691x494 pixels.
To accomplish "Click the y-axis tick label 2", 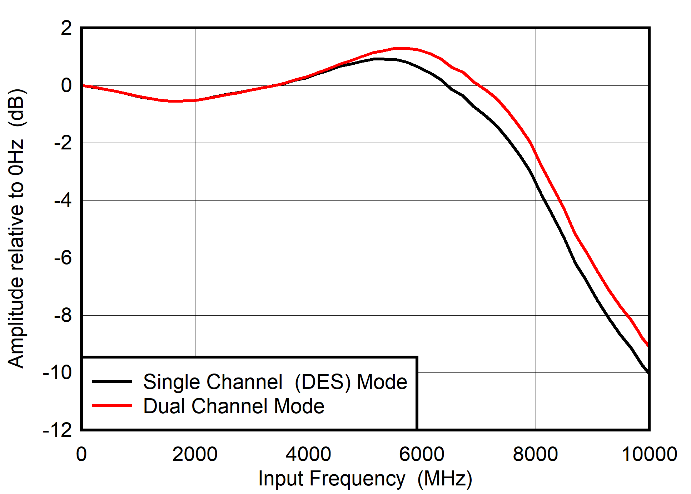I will point(66,28).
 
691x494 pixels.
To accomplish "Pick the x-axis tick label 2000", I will point(195,454).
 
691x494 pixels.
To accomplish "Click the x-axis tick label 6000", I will point(422,454).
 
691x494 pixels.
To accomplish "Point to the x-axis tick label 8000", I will point(535,454).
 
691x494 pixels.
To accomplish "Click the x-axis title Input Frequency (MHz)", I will point(365,478).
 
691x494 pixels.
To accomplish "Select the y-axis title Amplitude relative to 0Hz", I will point(16,229).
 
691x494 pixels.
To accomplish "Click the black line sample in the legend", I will point(112,381).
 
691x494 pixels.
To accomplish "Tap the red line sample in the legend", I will point(112,406).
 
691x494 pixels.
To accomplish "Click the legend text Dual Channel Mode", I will point(234,406).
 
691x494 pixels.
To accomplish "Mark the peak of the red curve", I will point(400,48).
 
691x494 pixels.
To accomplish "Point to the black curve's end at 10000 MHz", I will point(648,372).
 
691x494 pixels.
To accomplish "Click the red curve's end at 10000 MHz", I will point(648,345).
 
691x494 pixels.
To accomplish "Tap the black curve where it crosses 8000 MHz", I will point(535,181).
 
